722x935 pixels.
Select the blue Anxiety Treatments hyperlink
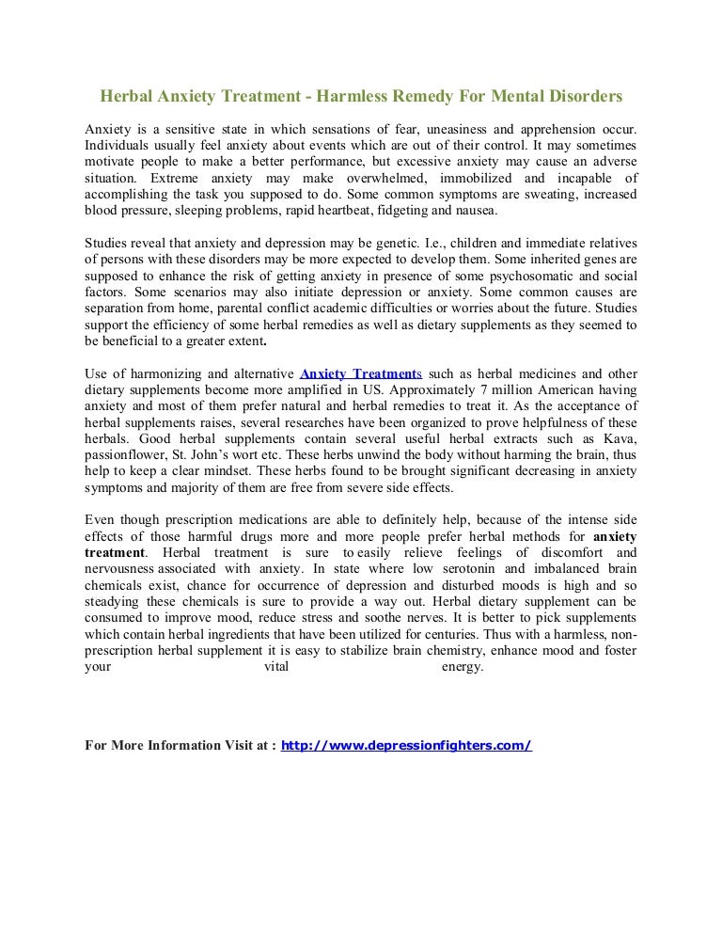pos(360,373)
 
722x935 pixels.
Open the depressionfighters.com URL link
pos(407,746)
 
